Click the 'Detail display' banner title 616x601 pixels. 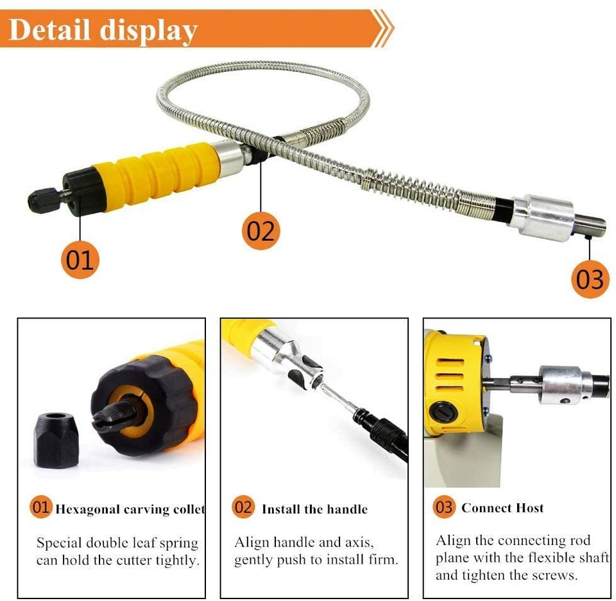pyautogui.click(x=103, y=30)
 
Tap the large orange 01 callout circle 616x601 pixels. pyautogui.click(x=80, y=259)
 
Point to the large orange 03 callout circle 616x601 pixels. pyautogui.click(x=590, y=279)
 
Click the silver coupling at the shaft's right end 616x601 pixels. pyautogui.click(x=542, y=216)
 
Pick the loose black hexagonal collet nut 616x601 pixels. pyautogui.click(x=56, y=439)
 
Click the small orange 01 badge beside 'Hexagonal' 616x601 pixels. pyautogui.click(x=41, y=507)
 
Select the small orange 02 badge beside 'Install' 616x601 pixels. pyautogui.click(x=243, y=507)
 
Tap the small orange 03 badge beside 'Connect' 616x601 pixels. pyautogui.click(x=444, y=507)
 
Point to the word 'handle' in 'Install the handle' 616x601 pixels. pyautogui.click(x=345, y=510)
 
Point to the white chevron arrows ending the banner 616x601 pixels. pyautogui.click(x=382, y=28)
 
